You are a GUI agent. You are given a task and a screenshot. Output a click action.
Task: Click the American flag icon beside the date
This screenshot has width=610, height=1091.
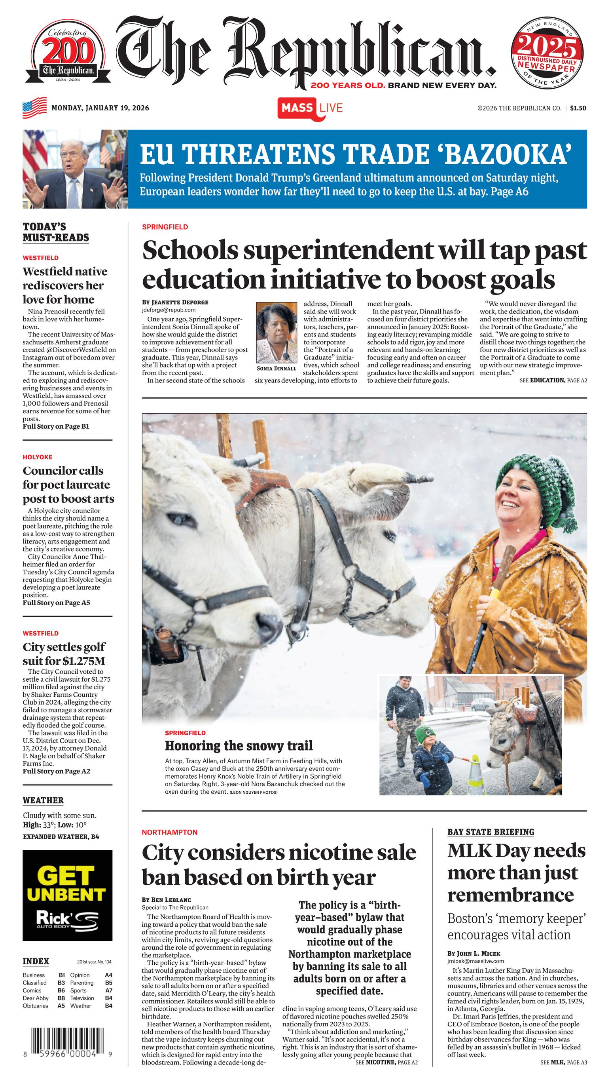[35, 108]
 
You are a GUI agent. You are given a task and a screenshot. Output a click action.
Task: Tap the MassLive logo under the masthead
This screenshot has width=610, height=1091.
[310, 108]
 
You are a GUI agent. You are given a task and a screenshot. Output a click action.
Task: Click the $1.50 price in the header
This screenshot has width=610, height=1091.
[578, 108]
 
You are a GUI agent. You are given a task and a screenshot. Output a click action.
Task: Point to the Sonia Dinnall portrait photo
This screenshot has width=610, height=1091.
[277, 333]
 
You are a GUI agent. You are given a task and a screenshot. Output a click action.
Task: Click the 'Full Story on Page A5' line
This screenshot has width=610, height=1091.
[56, 603]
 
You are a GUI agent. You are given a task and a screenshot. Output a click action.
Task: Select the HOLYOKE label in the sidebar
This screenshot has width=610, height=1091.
[38, 457]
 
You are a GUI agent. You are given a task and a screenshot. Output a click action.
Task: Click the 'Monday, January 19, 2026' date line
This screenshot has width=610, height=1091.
[100, 108]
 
